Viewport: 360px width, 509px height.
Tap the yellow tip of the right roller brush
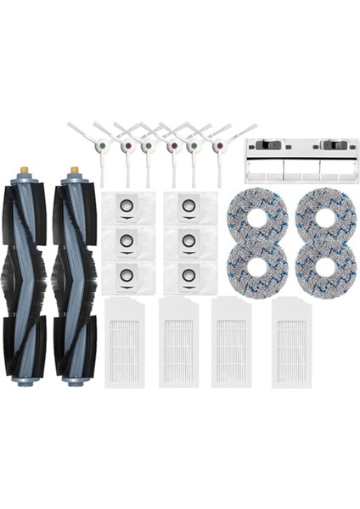click(x=74, y=171)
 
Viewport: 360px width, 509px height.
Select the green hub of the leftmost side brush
click(x=102, y=145)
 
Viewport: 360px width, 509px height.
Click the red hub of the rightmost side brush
click(x=219, y=146)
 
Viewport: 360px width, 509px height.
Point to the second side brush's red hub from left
click(x=127, y=146)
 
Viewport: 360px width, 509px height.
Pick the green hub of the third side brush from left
click(x=149, y=145)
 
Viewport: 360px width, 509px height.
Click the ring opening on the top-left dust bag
click(x=127, y=206)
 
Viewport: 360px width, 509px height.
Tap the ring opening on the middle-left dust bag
click(x=127, y=241)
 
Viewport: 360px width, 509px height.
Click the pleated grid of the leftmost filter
click(x=126, y=344)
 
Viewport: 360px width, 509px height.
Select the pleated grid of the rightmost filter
click(x=291, y=344)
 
